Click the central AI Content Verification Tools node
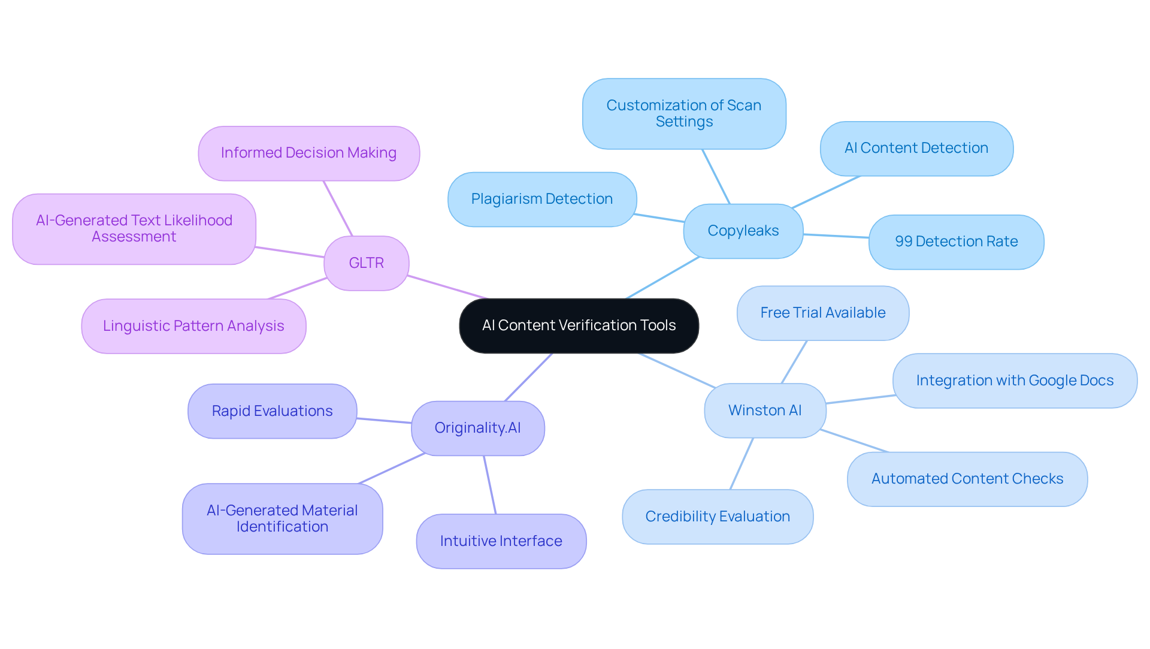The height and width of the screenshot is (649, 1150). pyautogui.click(x=579, y=325)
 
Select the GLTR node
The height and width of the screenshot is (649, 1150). pyautogui.click(x=366, y=263)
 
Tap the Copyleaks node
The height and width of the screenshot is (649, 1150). pyautogui.click(x=743, y=231)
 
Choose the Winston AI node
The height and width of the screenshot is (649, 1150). pyautogui.click(x=765, y=410)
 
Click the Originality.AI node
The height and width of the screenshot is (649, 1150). pyautogui.click(x=477, y=428)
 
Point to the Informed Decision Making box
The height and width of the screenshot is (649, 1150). pyautogui.click(x=308, y=153)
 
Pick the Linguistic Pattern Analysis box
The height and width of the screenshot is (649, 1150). pyautogui.click(x=193, y=326)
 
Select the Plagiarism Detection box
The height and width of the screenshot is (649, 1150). pyautogui.click(x=541, y=199)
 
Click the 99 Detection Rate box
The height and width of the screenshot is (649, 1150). pyautogui.click(x=956, y=242)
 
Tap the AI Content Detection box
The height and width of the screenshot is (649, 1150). pyautogui.click(x=916, y=148)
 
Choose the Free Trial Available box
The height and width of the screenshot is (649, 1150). pyautogui.click(x=822, y=313)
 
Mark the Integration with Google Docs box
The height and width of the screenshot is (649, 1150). pyautogui.click(x=1015, y=381)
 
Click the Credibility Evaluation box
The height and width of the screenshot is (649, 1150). pyautogui.click(x=718, y=517)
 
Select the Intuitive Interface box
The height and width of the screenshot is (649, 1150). pyautogui.click(x=501, y=541)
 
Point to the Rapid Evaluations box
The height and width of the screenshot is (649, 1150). pyautogui.click(x=272, y=411)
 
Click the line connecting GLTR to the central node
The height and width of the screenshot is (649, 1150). pyautogui.click(x=448, y=287)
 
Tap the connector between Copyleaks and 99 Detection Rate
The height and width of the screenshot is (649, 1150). pyautogui.click(x=836, y=236)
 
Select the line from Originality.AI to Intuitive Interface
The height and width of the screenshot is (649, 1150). pyautogui.click(x=490, y=485)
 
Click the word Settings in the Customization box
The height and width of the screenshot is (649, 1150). pyautogui.click(x=684, y=122)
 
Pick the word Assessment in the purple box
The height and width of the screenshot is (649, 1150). pyautogui.click(x=134, y=237)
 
